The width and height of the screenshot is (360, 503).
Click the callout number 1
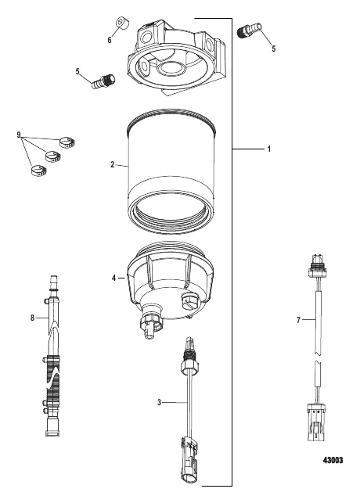[269, 149]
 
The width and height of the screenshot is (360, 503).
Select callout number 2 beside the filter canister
[113, 165]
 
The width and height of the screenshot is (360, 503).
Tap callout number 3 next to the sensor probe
[159, 402]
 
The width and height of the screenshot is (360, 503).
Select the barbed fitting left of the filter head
[103, 79]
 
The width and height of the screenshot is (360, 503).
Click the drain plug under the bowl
[147, 325]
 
